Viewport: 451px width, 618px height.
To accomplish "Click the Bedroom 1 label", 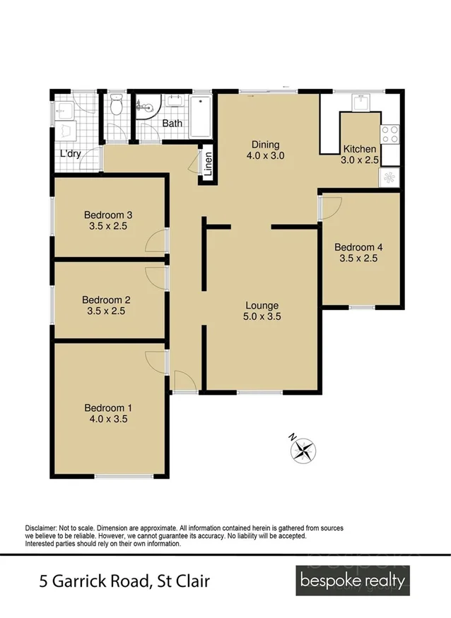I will (108, 408).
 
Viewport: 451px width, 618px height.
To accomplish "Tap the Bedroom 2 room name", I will (106, 299).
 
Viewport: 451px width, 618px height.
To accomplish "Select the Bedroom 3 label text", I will (108, 215).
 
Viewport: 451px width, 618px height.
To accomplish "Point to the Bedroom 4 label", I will (358, 247).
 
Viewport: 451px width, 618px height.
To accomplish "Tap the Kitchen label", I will (360, 149).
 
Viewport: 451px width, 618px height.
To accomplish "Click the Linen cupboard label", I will (208, 163).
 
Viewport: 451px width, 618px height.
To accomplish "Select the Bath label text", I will (172, 123).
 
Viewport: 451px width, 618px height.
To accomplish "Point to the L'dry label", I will (70, 153).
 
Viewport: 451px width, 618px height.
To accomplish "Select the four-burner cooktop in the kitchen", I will (389, 134).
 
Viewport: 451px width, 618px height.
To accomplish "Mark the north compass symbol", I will (303, 448).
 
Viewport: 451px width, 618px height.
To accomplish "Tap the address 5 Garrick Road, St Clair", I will (124, 582).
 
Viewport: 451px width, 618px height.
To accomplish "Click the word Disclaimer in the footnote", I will (44, 528).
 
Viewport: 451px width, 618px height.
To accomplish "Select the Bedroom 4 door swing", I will (332, 206).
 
